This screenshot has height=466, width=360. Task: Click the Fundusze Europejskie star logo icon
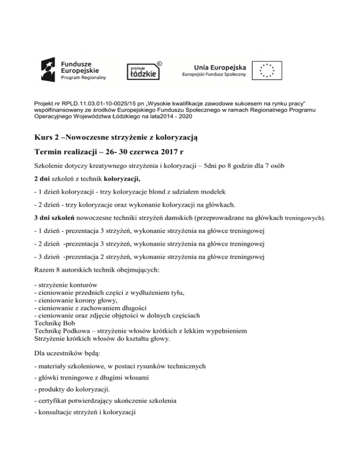[x=49, y=69]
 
